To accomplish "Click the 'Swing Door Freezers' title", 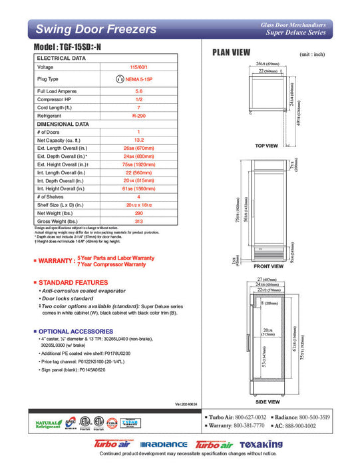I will point(96,29).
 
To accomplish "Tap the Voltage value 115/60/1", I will point(138,67).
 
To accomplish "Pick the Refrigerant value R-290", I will point(138,115).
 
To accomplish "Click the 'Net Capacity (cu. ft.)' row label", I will point(61,140).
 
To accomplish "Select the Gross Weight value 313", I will point(138,220).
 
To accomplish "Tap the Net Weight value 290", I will point(138,212).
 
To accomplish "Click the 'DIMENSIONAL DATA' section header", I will point(63,124).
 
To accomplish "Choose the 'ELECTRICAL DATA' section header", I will point(61,59).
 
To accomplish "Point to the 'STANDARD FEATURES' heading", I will point(73,283).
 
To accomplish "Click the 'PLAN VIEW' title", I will point(231,53).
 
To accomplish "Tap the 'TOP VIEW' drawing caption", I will point(266,145).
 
